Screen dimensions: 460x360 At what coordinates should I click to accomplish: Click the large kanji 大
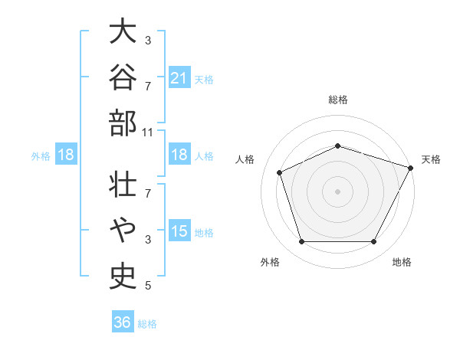point(123,31)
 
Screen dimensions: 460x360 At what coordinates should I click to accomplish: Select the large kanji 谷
point(123,77)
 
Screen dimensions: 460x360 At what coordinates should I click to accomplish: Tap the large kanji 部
point(123,123)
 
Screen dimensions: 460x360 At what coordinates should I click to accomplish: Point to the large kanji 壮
point(123,184)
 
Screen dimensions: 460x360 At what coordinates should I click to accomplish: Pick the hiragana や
point(123,230)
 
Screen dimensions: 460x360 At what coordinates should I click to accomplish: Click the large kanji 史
point(123,277)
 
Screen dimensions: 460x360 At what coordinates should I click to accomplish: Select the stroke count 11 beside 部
point(147,133)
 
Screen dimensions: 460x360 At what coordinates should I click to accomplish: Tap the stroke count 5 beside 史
point(148,286)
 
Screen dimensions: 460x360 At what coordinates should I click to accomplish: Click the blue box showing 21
point(179,77)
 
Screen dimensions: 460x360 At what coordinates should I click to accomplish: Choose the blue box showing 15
point(179,230)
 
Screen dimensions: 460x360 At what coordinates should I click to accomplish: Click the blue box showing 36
point(123,321)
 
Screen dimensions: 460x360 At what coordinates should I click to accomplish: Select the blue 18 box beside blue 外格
point(66,154)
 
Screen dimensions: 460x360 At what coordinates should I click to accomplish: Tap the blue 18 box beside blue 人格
point(179,154)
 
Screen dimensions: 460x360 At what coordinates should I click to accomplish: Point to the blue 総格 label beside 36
point(147,324)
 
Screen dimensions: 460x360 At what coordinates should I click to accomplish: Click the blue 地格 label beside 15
point(204,233)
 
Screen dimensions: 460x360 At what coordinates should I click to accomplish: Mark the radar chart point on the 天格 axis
point(410,168)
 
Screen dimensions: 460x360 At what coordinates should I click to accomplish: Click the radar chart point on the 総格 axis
point(337,146)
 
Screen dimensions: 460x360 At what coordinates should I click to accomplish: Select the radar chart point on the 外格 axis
point(301,241)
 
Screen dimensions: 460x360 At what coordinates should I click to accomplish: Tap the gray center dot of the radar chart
point(337,191)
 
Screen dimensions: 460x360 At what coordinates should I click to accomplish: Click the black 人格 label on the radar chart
point(245,159)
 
